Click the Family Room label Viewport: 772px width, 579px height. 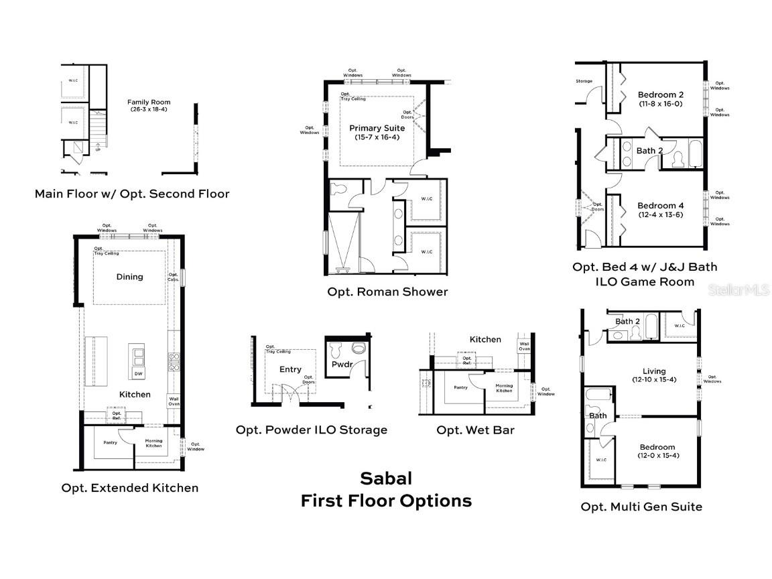pos(149,103)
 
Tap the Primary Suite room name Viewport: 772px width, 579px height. pos(377,128)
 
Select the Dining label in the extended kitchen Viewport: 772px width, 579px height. pos(129,277)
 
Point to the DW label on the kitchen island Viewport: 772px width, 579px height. pos(138,373)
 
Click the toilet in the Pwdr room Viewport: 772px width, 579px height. pos(339,348)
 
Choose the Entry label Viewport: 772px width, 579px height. pos(290,369)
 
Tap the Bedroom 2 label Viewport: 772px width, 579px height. pos(660,95)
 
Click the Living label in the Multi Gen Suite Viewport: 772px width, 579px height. pos(653,371)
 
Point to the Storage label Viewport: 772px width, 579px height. pos(584,82)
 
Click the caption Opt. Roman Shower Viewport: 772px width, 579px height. pos(387,292)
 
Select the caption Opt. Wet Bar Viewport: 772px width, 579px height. pos(475,430)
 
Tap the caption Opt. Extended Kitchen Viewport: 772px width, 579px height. pos(130,488)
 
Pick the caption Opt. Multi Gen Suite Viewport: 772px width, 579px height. pos(641,507)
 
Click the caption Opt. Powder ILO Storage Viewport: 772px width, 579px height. pos(311,430)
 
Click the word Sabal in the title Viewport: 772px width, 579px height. pos(386,478)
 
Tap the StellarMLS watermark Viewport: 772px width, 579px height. pos(741,290)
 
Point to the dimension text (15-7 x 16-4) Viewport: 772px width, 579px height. pos(377,137)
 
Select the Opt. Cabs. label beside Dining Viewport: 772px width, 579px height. pos(174,277)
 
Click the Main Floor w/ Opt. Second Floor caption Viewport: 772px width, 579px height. pos(132,194)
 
